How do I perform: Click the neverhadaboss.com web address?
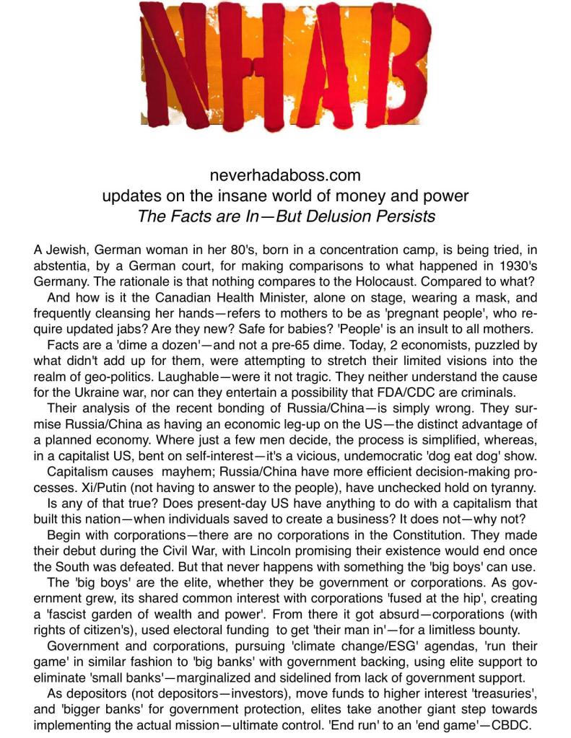pos(285,175)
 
